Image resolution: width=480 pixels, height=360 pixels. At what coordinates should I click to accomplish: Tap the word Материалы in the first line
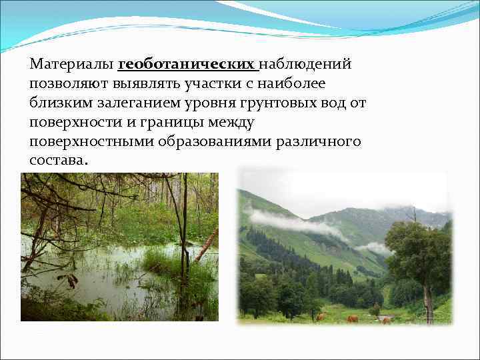coord(71,65)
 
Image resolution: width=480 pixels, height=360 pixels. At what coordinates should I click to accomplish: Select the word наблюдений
coord(305,65)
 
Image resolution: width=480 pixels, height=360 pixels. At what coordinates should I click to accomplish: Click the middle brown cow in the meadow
coord(352,319)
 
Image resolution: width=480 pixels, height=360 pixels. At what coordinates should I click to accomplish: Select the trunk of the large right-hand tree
coord(427,300)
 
